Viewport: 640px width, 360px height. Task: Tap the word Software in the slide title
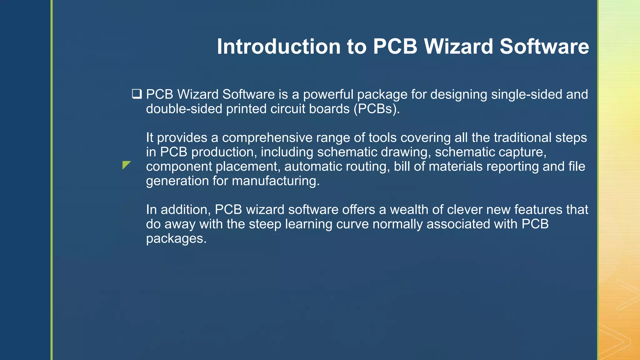[544, 47]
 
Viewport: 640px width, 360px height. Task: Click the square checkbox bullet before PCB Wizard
[137, 94]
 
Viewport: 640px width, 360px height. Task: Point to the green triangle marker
[126, 165]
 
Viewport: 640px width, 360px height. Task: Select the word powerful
[328, 94]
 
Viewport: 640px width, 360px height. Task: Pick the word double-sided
[184, 109]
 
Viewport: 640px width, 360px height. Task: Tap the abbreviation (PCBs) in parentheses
[377, 109]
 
